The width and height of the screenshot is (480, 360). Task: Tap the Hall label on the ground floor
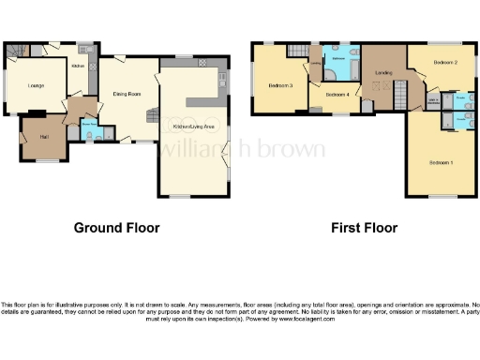[x=42, y=138]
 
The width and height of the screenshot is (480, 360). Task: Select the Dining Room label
[x=127, y=94]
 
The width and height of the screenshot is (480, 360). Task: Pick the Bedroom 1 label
[x=441, y=163]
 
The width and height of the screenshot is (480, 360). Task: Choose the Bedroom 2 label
[x=444, y=62]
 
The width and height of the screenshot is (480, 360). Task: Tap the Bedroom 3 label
[x=280, y=86]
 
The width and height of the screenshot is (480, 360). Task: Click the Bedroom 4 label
[x=337, y=94]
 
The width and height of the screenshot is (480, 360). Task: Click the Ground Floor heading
[x=116, y=228]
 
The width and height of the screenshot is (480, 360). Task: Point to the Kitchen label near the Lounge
[x=79, y=66]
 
